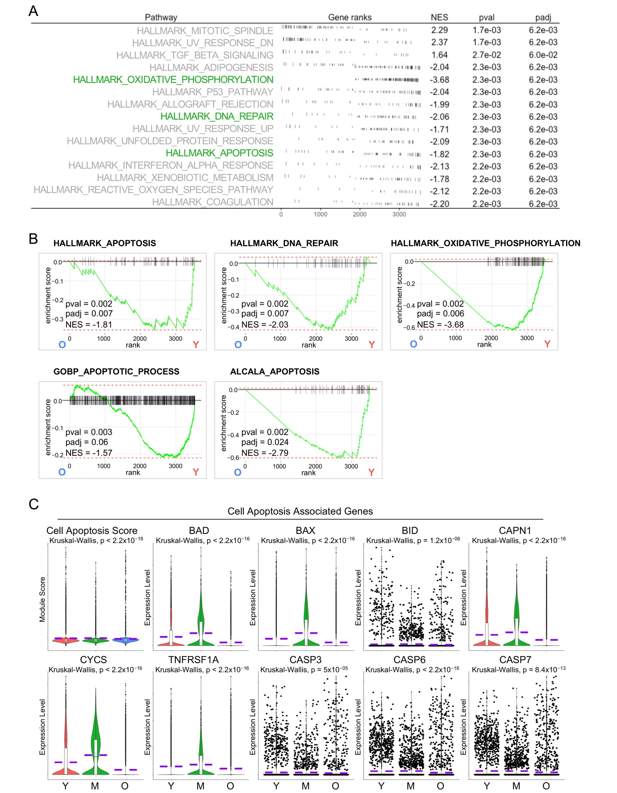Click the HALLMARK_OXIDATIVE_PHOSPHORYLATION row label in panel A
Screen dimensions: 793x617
click(x=173, y=80)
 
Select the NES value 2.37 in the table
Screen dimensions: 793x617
click(x=439, y=42)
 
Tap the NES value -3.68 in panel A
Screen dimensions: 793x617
click(x=439, y=80)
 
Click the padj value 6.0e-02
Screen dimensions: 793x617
click(x=543, y=55)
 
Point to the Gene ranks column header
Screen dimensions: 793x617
click(x=349, y=17)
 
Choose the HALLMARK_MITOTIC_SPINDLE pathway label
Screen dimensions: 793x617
click(x=205, y=31)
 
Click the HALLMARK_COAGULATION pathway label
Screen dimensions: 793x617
click(x=212, y=202)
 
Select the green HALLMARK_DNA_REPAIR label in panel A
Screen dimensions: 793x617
click(x=217, y=117)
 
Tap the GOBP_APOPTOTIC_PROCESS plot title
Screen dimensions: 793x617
click(x=116, y=371)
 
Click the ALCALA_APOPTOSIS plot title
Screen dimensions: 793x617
click(x=274, y=371)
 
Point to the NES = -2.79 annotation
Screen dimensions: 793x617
click(x=264, y=453)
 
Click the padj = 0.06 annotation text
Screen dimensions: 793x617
click(x=87, y=442)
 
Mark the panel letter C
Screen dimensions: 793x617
click(x=34, y=504)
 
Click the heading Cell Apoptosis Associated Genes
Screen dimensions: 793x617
click(x=300, y=511)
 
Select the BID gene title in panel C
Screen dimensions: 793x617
click(x=409, y=530)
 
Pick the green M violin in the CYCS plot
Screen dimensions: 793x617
click(x=95, y=749)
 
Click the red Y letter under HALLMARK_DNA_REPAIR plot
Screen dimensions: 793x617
click(x=371, y=344)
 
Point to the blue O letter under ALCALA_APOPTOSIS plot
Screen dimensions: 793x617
click(x=238, y=472)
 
